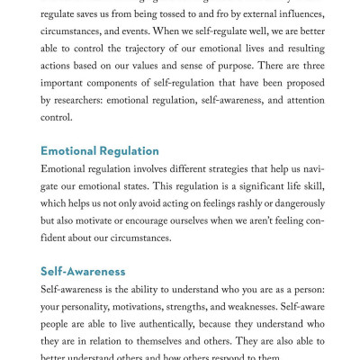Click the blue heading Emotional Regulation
click(x=99, y=151)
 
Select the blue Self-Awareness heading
click(x=83, y=271)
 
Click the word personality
click(x=94, y=310)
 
